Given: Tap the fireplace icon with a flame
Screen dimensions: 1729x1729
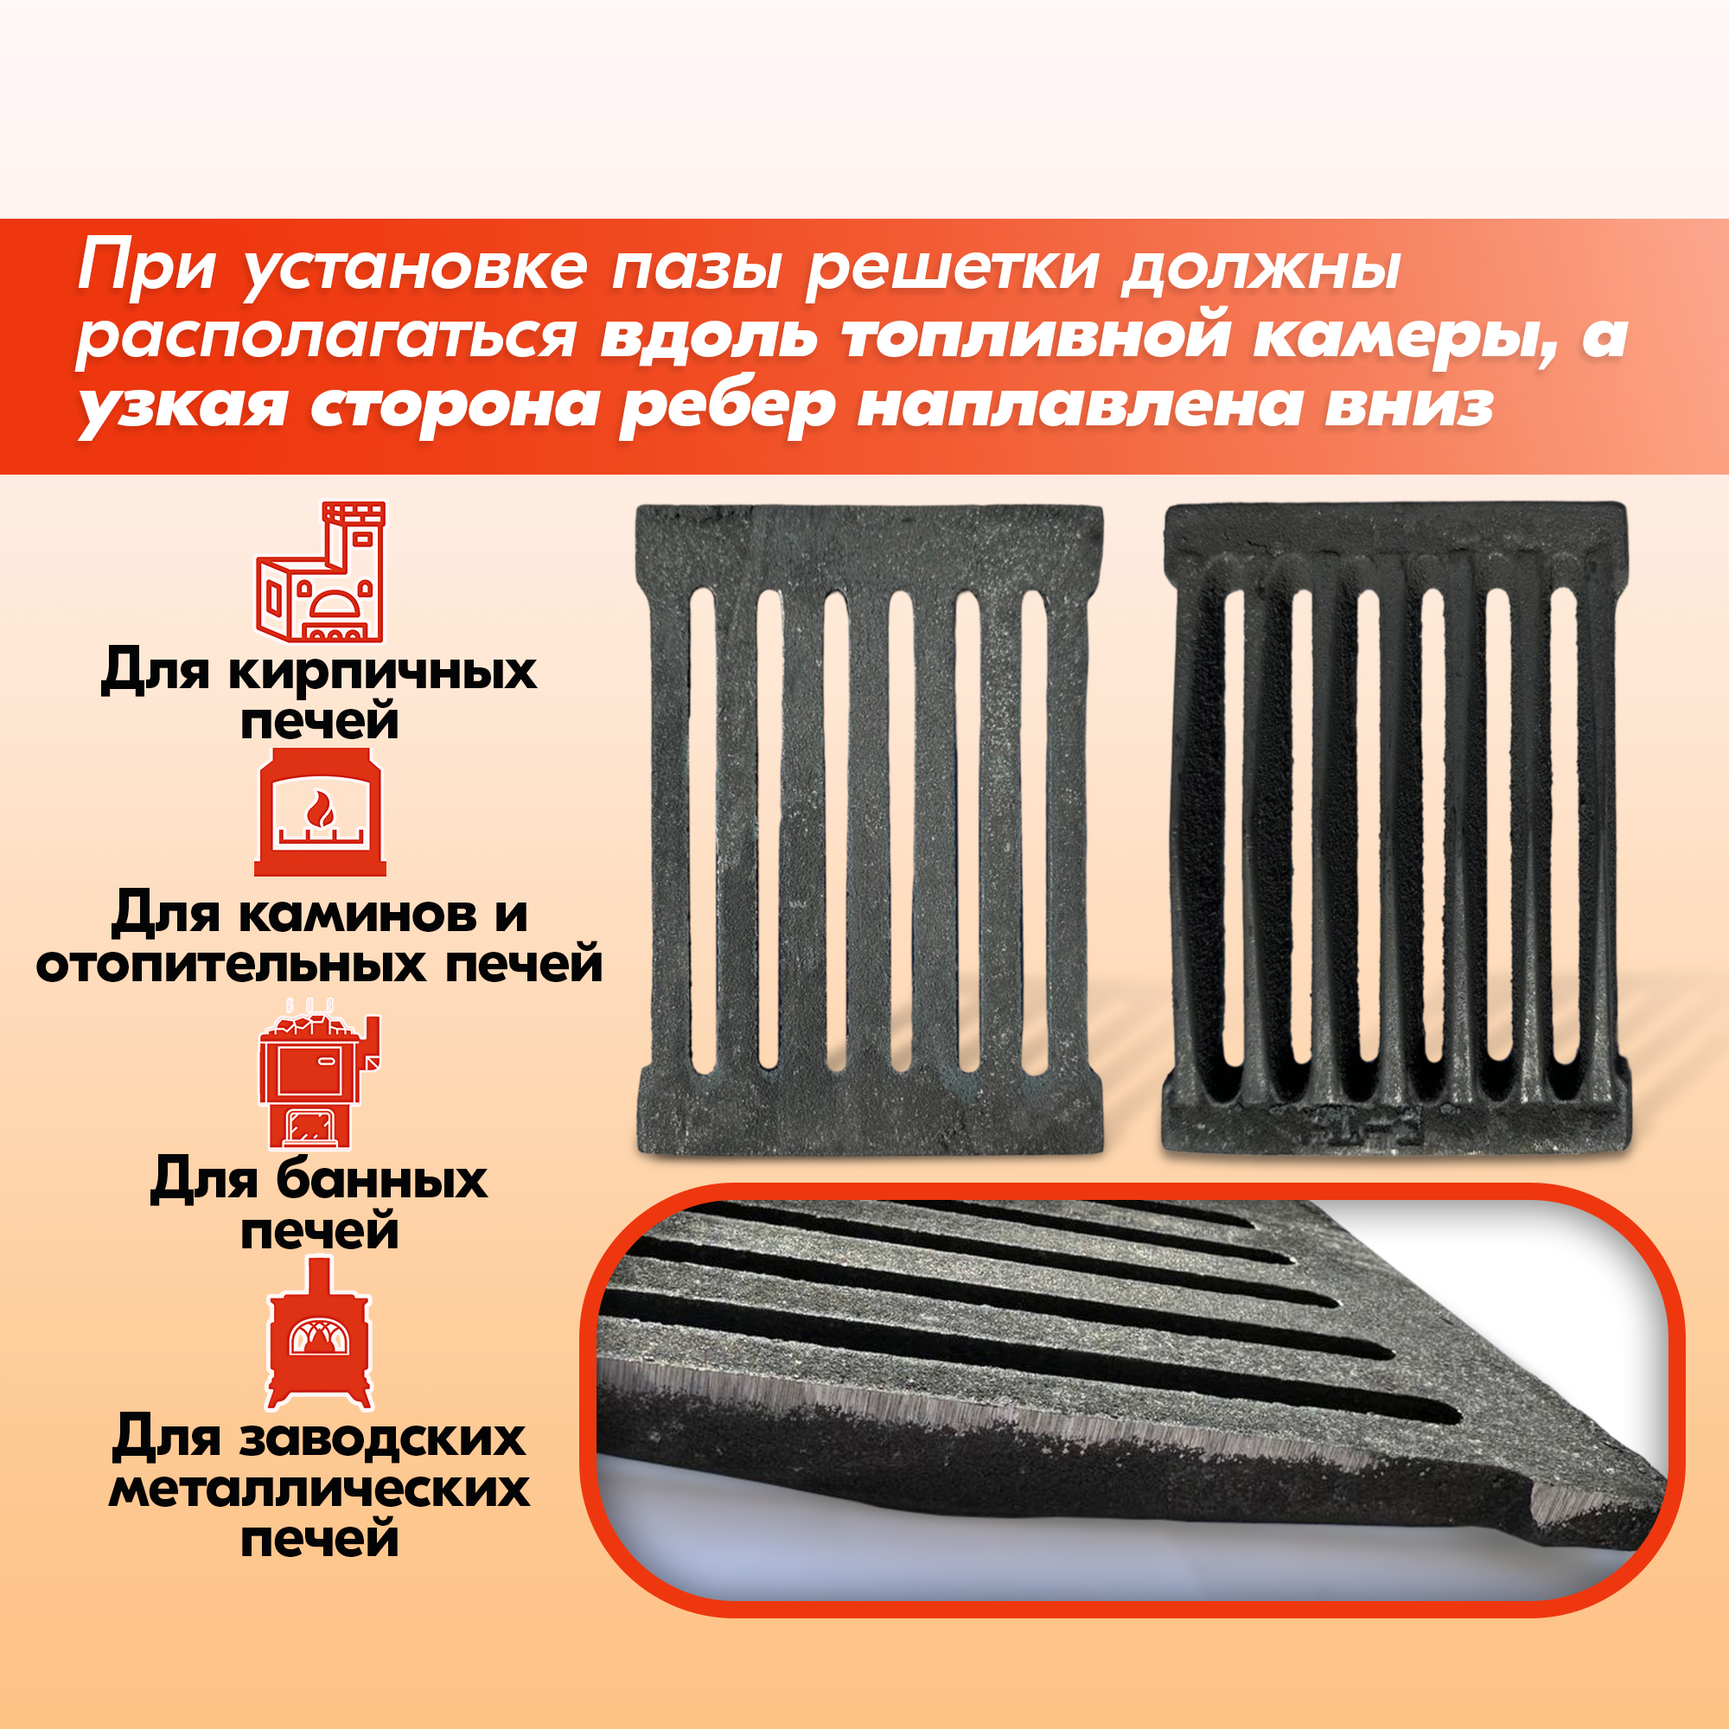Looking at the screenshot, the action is point(321,812).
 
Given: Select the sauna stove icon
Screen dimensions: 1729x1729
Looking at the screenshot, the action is point(319,1075).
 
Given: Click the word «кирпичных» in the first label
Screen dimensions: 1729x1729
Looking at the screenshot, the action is point(382,671).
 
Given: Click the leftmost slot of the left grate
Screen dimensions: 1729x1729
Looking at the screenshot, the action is point(704,832).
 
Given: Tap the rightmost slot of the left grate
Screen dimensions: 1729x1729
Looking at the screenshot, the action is point(1036,833).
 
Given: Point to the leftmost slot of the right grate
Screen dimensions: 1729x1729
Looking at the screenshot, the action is point(1235,841).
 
